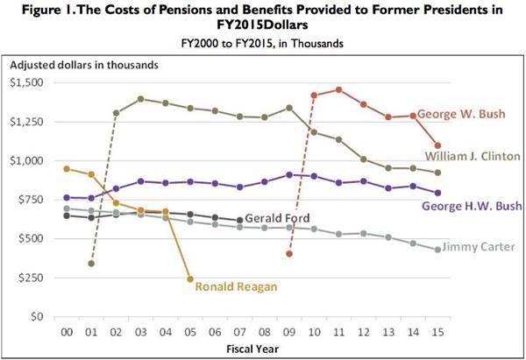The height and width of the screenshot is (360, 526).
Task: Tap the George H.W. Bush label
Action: [472, 207]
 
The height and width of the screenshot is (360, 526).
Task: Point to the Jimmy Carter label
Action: [479, 247]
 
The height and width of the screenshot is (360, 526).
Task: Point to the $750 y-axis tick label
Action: [32, 199]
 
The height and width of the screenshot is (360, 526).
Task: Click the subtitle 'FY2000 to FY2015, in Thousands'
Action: [262, 42]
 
